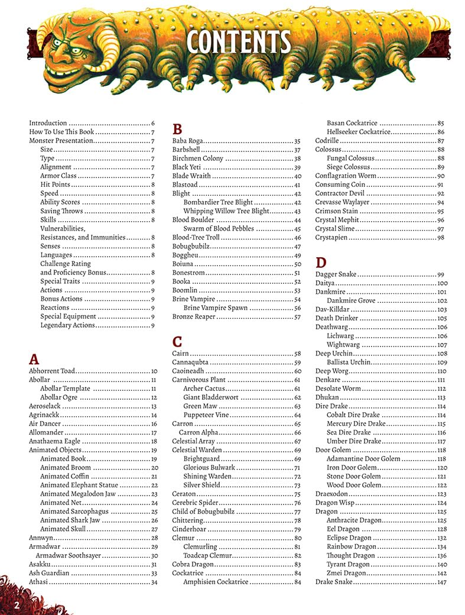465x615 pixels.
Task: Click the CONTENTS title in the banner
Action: pos(238,43)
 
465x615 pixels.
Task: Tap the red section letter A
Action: pos(34,358)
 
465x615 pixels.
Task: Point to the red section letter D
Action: pos(321,263)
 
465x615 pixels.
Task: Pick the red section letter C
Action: pos(177,341)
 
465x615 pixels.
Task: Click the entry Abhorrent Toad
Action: pos(52,371)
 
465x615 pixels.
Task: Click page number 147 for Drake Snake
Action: pos(441,582)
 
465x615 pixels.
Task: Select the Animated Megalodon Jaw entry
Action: pos(77,494)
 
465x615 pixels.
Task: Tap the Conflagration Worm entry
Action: pos(346,176)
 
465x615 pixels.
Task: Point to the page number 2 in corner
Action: pos(17,605)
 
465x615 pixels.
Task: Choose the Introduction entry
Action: pos(48,123)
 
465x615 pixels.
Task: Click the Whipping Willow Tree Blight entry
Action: pos(226,211)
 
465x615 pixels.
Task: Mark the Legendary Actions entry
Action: pos(67,325)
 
